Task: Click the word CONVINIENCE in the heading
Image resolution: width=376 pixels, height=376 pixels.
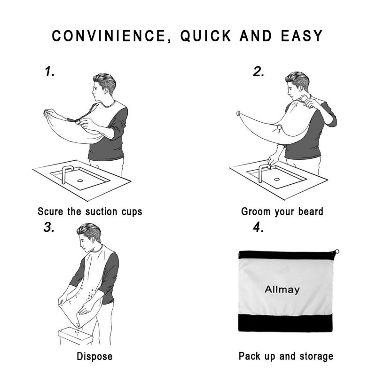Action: pos(109,36)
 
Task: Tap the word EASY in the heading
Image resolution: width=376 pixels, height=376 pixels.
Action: pos(302,36)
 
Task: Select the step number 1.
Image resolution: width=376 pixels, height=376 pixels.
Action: pos(50,71)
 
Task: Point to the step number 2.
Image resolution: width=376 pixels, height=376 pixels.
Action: pos(258,71)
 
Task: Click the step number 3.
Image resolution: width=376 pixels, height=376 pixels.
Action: pos(49,227)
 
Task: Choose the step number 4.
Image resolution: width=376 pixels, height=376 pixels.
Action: pos(258,227)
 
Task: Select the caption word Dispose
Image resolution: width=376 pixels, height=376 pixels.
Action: pos(94,356)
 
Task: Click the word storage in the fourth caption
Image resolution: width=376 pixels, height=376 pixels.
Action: pos(316,356)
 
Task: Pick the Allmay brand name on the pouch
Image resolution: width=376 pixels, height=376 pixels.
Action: pos(282,290)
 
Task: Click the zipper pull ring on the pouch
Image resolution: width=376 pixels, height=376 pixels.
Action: pos(337,251)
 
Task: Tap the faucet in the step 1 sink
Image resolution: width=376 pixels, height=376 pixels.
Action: pos(66,173)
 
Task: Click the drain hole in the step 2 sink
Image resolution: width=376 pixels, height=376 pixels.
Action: pos(277,179)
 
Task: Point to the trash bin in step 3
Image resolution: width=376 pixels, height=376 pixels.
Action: pos(75,336)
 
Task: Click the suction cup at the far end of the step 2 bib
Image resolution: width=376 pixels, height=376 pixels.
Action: pos(238,113)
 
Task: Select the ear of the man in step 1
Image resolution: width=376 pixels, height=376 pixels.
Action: pos(106,90)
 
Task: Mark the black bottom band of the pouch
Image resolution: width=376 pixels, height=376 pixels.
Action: pos(285,323)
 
